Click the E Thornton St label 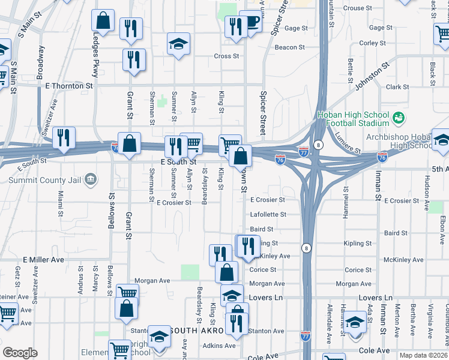(70, 86)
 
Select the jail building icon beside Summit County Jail (90, 178)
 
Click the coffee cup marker (250, 22)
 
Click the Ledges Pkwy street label (95, 61)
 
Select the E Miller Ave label (43, 260)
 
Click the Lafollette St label (268, 214)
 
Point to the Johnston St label (367, 79)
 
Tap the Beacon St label (290, 47)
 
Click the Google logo (20, 353)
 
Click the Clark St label (397, 87)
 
